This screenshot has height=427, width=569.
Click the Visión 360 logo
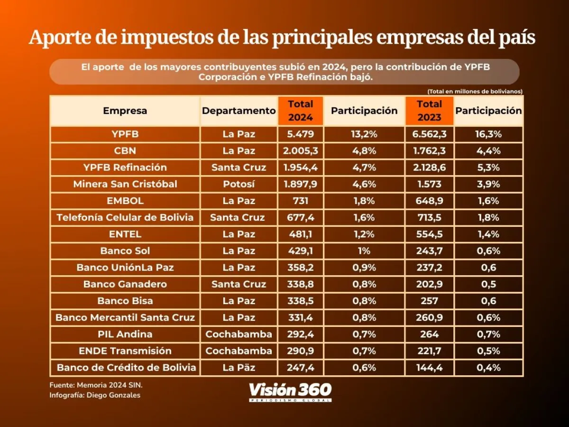[x=290, y=392]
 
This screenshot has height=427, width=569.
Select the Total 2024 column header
[x=301, y=111]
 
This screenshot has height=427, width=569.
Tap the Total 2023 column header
[x=429, y=111]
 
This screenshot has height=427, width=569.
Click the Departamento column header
[x=239, y=111]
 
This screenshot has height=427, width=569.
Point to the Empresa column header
[x=125, y=111]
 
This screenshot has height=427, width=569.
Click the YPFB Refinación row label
[x=125, y=167]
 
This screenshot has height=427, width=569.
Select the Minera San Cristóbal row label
[x=125, y=184]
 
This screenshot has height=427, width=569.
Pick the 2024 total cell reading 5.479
[x=301, y=134]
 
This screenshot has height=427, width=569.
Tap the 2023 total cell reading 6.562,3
[x=429, y=134]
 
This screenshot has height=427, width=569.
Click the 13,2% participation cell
[x=364, y=134]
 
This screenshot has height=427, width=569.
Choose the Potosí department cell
[x=239, y=184]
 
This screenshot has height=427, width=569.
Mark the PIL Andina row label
[x=125, y=334]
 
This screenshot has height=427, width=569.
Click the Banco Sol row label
[x=125, y=251]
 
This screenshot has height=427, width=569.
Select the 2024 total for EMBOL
[x=301, y=201]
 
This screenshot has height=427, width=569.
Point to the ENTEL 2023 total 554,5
[x=429, y=234]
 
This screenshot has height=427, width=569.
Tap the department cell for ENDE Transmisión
[x=239, y=351]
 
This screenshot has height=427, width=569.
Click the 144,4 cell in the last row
[x=429, y=368]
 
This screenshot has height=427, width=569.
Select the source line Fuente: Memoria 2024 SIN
[x=89, y=385]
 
